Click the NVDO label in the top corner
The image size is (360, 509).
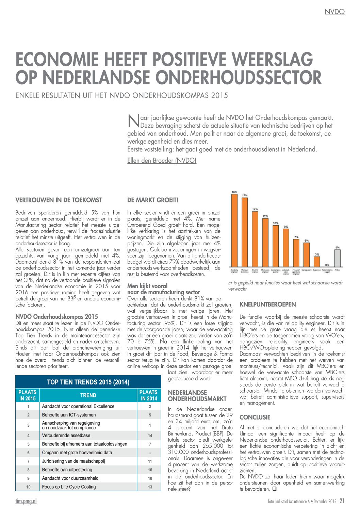point(334,12)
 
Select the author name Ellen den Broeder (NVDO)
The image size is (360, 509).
point(162,161)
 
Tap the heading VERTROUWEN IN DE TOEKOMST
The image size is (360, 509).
point(59,200)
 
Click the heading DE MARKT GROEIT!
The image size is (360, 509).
point(152,200)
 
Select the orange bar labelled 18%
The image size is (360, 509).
point(234,230)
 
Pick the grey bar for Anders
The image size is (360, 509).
point(337,258)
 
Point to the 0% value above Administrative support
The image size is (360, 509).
point(327,265)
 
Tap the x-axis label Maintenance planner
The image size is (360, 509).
point(276,271)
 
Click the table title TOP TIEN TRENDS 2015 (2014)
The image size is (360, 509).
point(88,382)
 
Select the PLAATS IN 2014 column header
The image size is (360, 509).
point(149,395)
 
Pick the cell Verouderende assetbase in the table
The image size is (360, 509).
point(66,436)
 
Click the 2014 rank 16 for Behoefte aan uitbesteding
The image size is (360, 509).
point(150,470)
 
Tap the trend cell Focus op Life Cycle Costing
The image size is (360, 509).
point(69,487)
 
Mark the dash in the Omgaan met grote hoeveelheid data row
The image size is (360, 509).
point(150,453)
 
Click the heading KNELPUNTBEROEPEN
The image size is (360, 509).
point(267,305)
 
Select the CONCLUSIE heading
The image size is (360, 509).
point(255,417)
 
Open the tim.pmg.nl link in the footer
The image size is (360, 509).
point(26,501)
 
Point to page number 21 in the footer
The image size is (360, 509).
point(342,501)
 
